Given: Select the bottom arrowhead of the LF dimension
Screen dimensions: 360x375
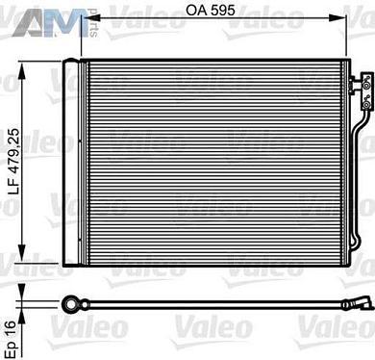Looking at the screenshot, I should tap(26, 267).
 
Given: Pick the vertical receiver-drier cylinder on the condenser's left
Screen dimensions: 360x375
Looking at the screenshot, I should tap(71, 163).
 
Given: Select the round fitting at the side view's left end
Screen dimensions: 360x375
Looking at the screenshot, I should tap(69, 305).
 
